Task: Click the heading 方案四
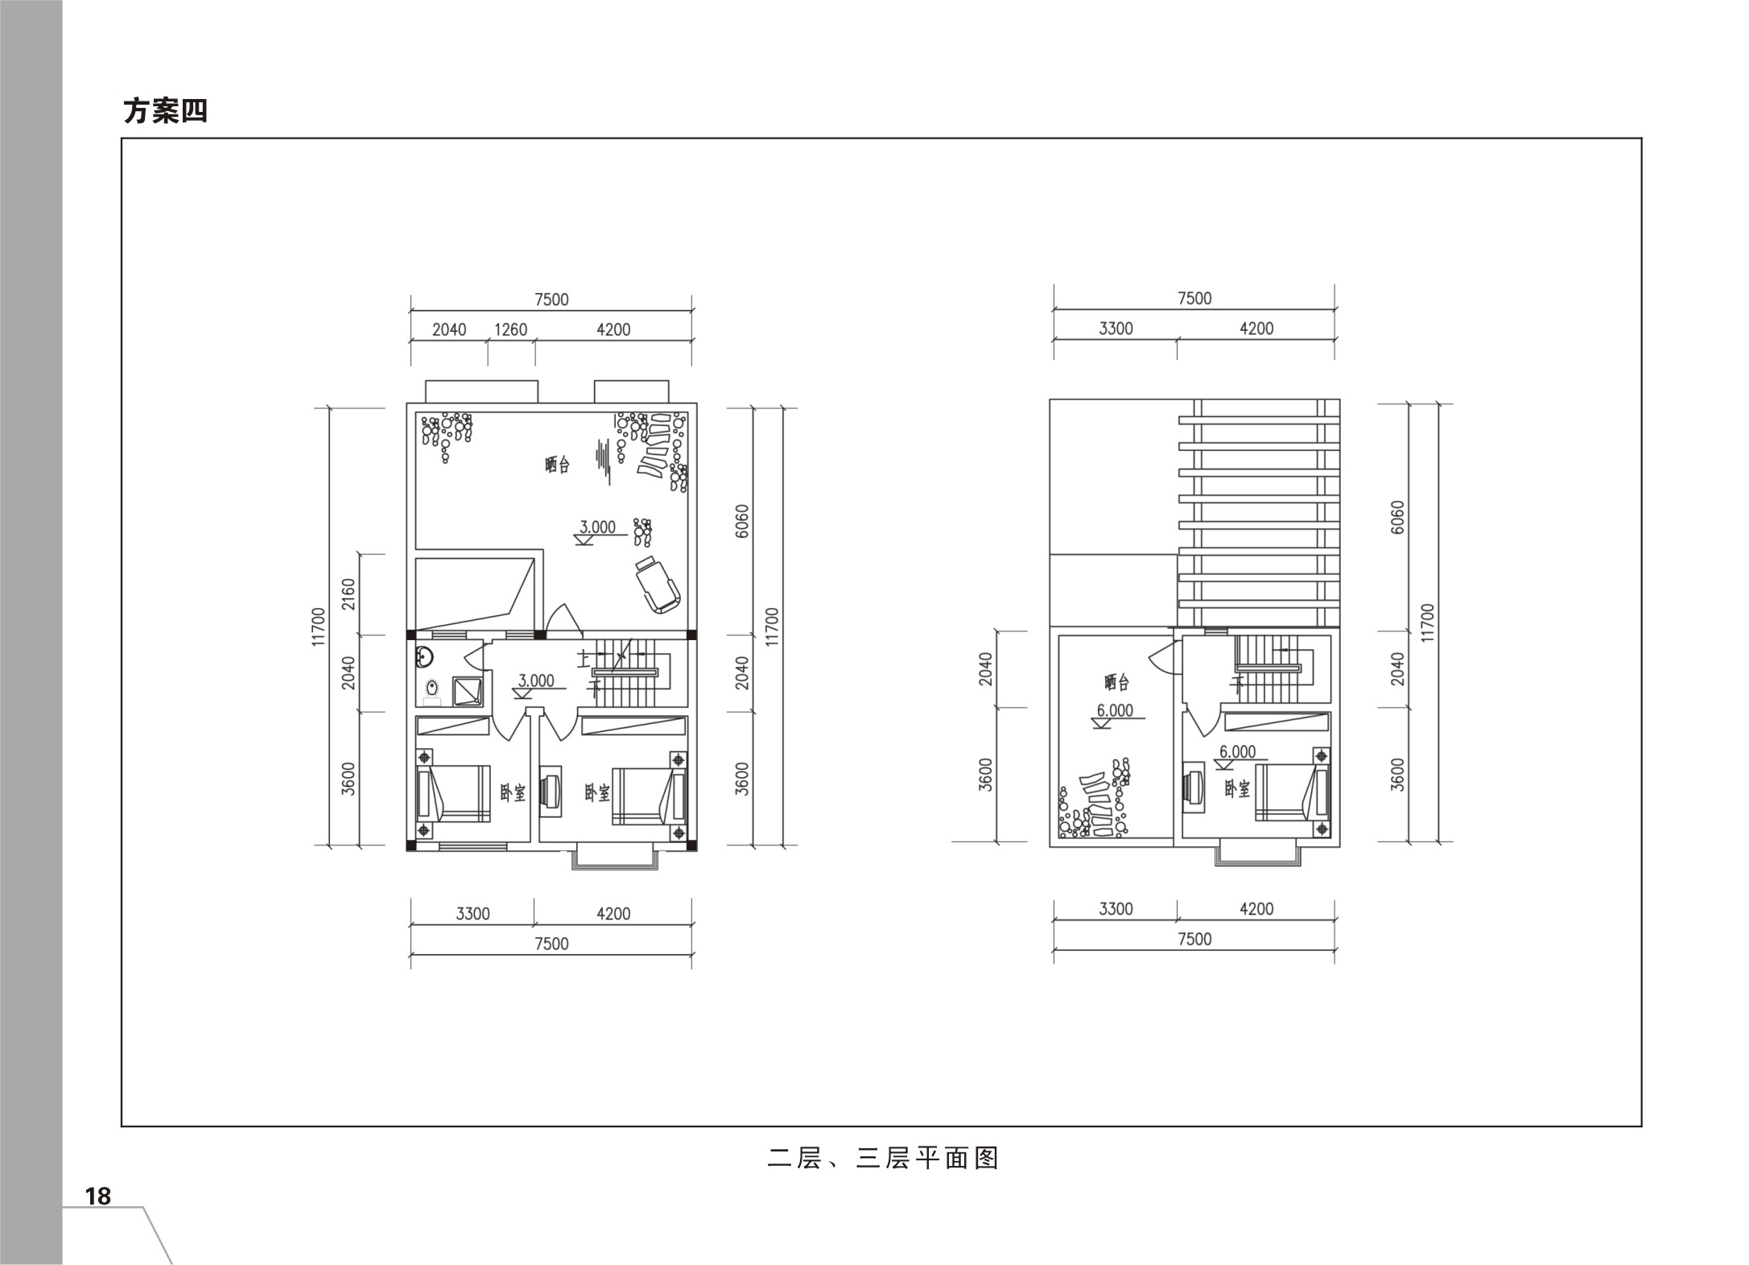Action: pos(165,111)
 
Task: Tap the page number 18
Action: pos(98,1197)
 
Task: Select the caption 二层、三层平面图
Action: pos(883,1158)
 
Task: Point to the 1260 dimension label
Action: pos(510,329)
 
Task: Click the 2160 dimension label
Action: pos(349,594)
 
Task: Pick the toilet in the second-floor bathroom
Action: pos(433,692)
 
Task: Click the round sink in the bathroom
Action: pos(423,658)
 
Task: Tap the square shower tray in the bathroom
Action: pos(468,691)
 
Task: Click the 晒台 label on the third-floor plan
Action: pos(1116,683)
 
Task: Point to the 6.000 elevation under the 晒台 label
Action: pos(1115,710)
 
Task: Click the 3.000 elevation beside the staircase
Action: pos(536,681)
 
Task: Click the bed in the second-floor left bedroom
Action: pos(453,794)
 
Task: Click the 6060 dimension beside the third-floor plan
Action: pos(1397,517)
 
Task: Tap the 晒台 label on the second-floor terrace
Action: pos(557,465)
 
